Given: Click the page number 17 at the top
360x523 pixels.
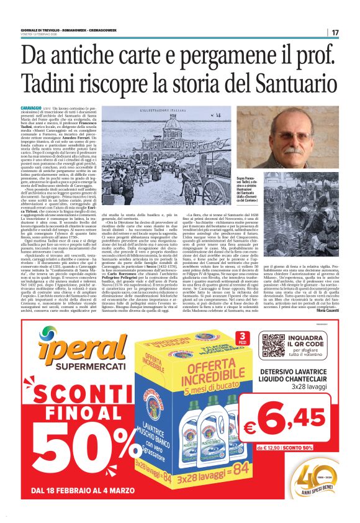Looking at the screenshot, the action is (335, 32).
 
